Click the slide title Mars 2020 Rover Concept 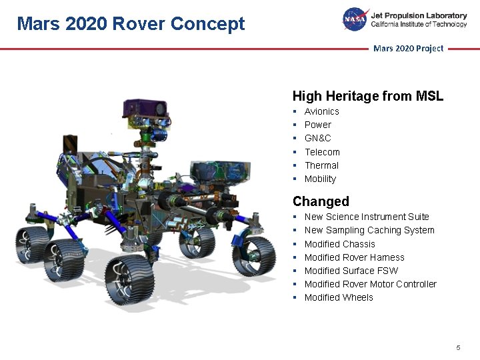coord(131,24)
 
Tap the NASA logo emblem coord(355,19)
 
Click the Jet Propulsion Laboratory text coord(419,15)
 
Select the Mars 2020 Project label coord(408,49)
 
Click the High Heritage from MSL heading coord(367,97)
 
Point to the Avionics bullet coord(321,112)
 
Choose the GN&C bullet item coord(317,139)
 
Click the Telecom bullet coord(322,152)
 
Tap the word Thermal coord(321,165)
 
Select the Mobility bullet coord(320,179)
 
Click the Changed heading coord(321,201)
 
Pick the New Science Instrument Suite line coord(366,217)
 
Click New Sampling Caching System coord(369,230)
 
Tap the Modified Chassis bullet coord(339,244)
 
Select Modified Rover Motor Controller coord(370,284)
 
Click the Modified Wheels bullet coord(338,297)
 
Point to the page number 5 coord(458,348)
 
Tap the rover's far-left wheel coord(30,241)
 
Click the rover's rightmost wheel coord(257,255)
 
